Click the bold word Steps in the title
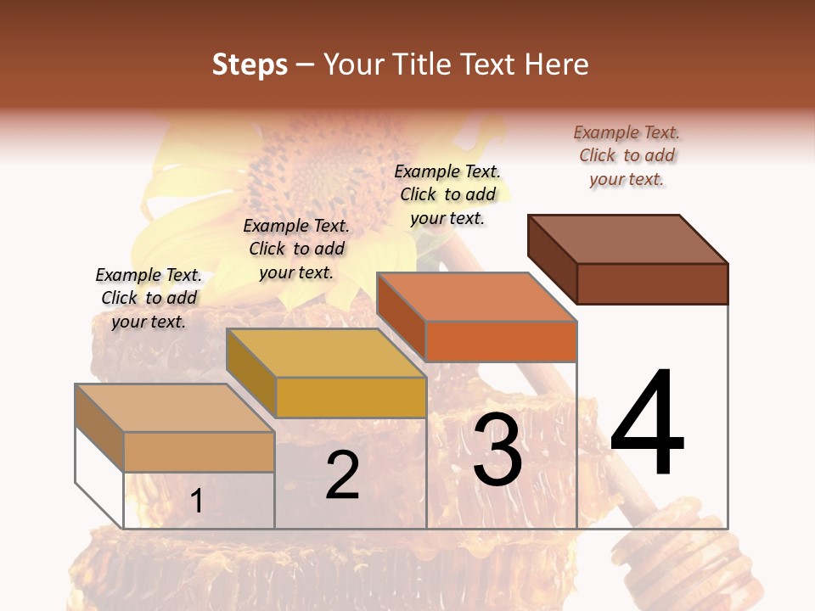[250, 64]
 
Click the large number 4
[647, 423]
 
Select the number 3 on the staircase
[497, 451]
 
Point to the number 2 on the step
[342, 476]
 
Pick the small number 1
[197, 501]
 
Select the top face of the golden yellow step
[326, 352]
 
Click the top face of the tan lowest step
[175, 407]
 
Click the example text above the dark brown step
[627, 155]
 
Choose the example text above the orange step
[447, 194]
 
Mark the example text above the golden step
[296, 249]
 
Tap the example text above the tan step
[149, 298]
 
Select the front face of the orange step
[501, 342]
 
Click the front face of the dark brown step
[652, 283]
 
